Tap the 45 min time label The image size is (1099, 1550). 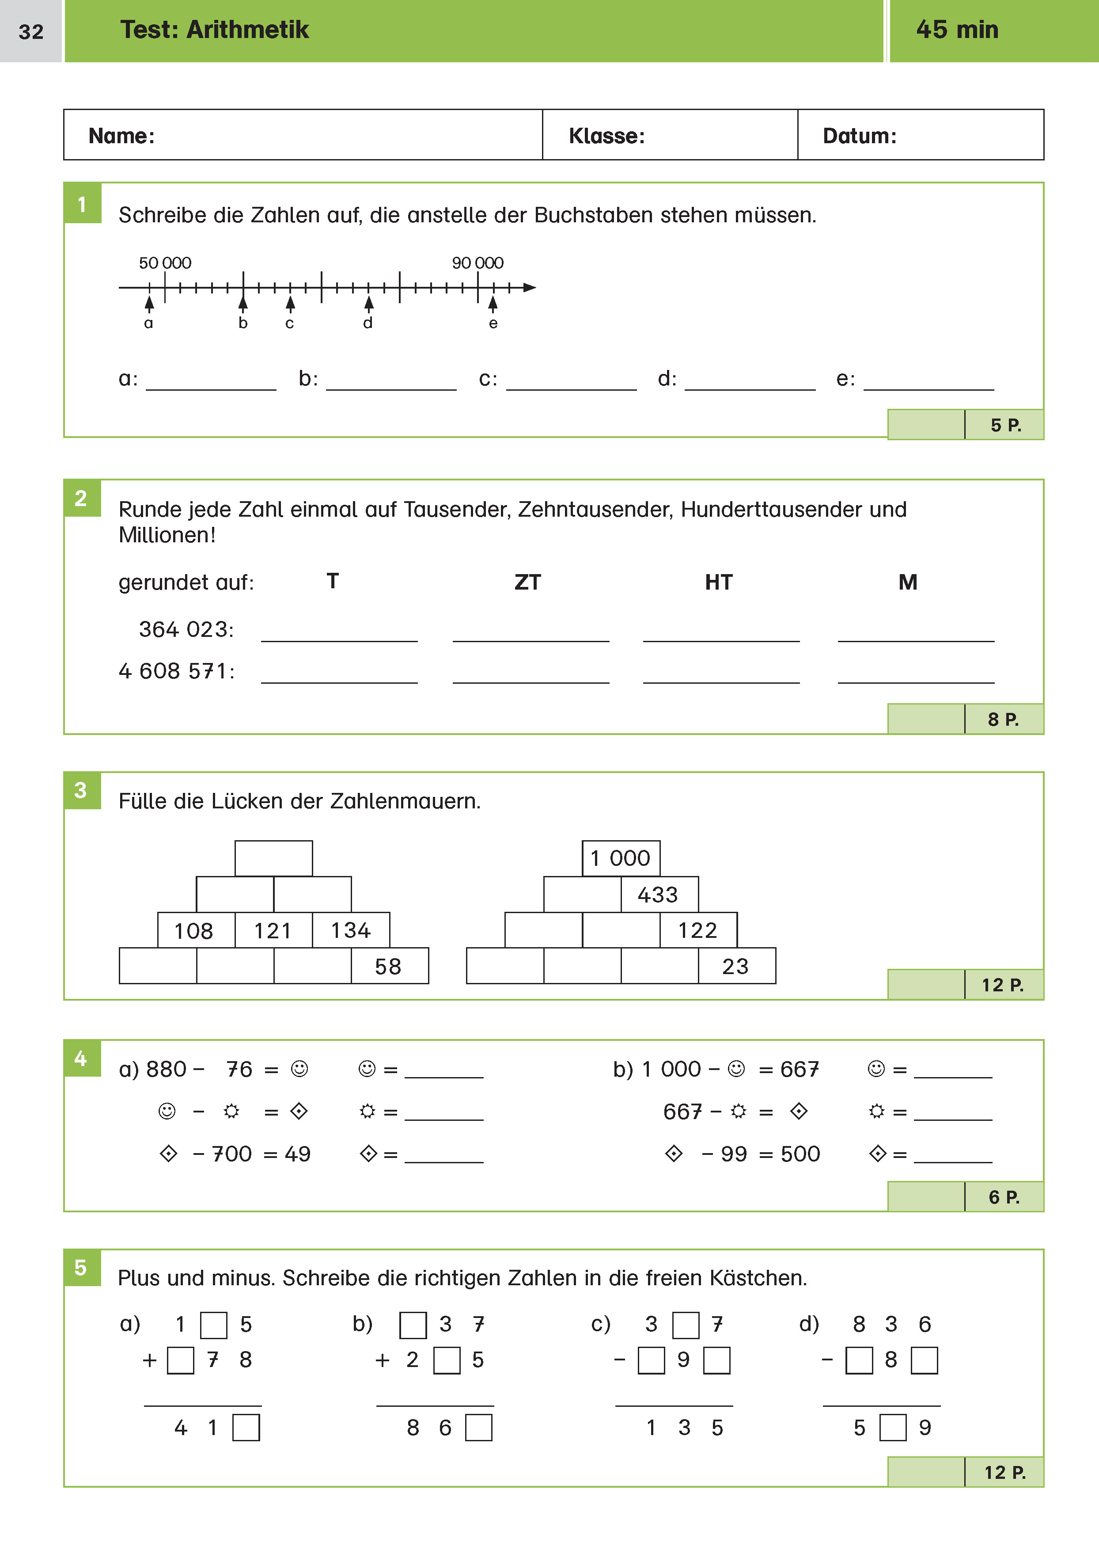tap(956, 30)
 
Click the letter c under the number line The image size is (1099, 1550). tap(290, 324)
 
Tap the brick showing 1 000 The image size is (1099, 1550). tap(621, 858)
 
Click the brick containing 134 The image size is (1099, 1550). tap(351, 930)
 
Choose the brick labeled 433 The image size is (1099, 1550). tap(659, 895)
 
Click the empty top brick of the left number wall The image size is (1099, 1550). tap(273, 858)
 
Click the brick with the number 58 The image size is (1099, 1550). tap(389, 966)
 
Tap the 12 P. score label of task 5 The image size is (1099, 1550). tap(1004, 1472)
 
